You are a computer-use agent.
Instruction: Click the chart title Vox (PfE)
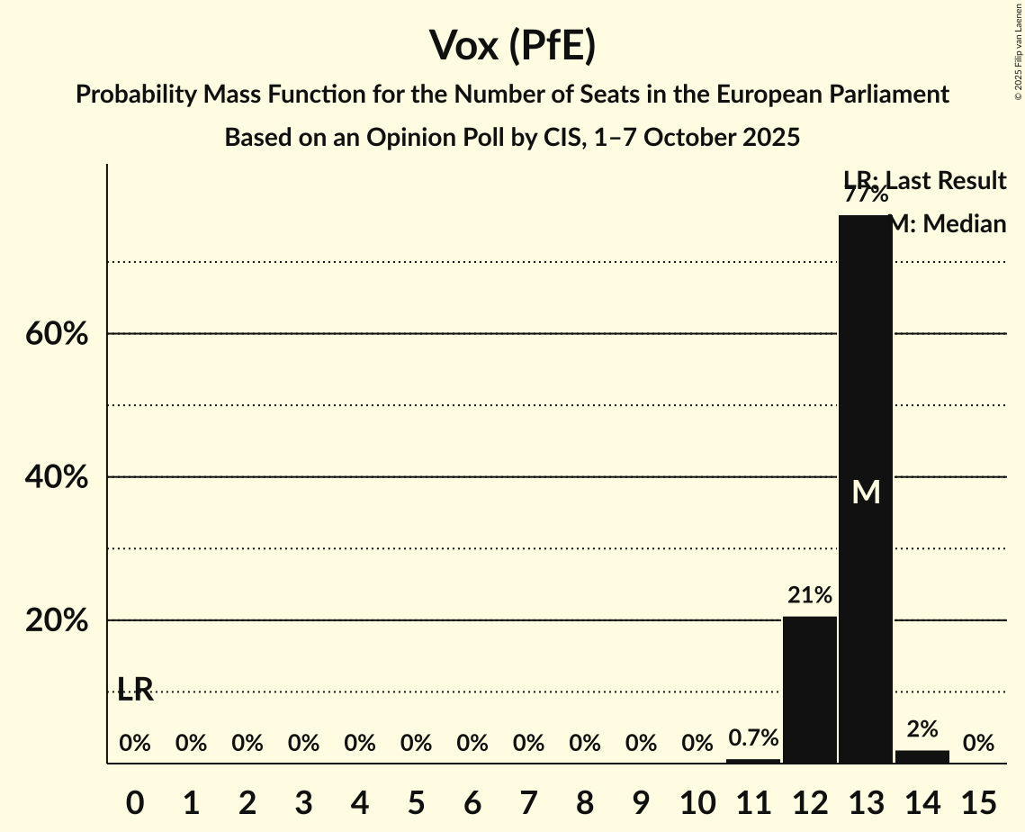tap(512, 45)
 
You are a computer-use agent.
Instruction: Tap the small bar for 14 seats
tap(922, 756)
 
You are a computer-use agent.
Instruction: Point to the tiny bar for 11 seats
tap(753, 761)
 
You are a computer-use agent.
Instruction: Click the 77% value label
tap(866, 194)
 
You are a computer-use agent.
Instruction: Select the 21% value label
tap(810, 595)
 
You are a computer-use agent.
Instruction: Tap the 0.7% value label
tap(753, 738)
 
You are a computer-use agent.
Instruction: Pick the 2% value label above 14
tap(922, 729)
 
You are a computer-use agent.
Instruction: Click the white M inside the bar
tap(866, 492)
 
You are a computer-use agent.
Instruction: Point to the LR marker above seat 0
tap(135, 690)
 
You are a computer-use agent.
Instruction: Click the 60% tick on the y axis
tap(56, 334)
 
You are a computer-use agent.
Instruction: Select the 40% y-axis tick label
tap(56, 477)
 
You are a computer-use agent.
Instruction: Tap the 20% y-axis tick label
tap(56, 621)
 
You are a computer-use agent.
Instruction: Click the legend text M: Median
tap(947, 224)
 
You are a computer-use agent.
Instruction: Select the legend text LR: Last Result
tap(924, 181)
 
